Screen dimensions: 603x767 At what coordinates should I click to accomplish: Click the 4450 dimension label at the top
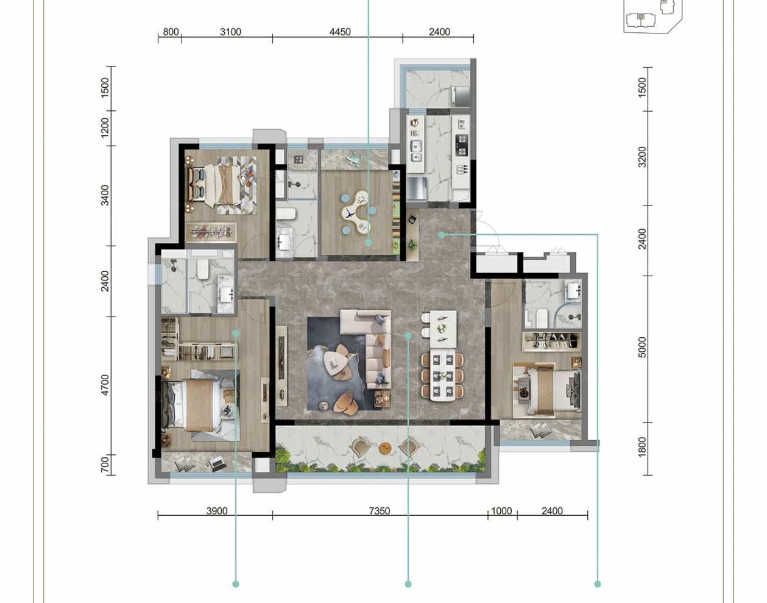(x=340, y=32)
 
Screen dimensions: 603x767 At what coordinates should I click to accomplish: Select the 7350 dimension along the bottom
(x=379, y=511)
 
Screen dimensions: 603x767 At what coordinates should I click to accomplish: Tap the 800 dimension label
(x=171, y=32)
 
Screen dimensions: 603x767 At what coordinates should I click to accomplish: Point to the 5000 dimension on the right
(x=642, y=348)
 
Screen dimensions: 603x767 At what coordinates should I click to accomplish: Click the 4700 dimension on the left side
(x=105, y=385)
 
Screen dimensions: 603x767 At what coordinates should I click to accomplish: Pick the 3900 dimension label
(x=216, y=511)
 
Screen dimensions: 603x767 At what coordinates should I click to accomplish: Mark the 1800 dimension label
(x=642, y=448)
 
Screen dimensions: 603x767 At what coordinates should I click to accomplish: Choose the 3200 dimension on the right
(x=642, y=157)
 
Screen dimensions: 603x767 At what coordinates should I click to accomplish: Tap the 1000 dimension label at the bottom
(x=501, y=511)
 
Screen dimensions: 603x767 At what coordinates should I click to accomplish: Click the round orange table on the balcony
(x=384, y=449)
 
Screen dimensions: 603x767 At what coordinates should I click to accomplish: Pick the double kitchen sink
(x=416, y=150)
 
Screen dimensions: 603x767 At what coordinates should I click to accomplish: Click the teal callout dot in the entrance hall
(x=441, y=234)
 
